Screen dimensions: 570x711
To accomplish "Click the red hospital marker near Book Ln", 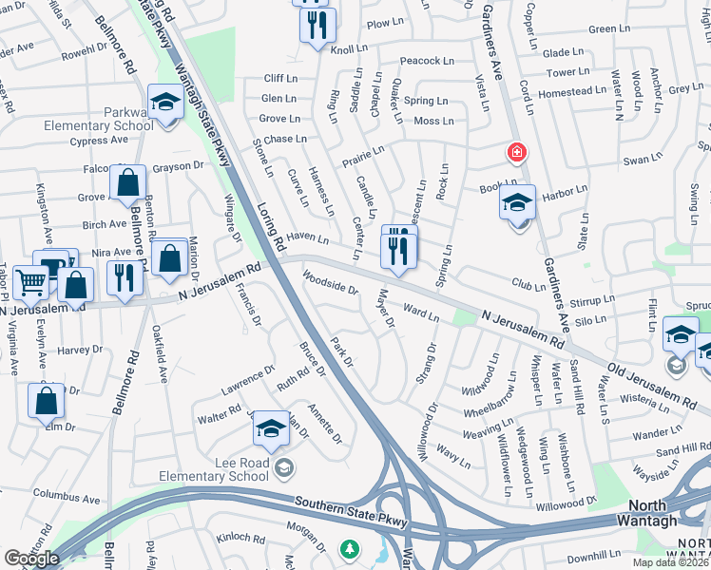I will pos(515,152).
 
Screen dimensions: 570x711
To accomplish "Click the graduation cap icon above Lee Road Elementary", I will pos(271,429).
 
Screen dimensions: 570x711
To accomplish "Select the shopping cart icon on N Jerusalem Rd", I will pos(30,281).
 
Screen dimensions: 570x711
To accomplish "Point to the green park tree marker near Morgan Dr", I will pos(351,549).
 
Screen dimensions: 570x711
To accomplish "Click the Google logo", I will pos(31,559).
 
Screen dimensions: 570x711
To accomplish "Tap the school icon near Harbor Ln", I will pos(517,203).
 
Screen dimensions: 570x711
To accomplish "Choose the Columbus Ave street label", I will pos(67,496).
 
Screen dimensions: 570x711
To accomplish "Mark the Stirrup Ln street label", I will pos(593,301).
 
